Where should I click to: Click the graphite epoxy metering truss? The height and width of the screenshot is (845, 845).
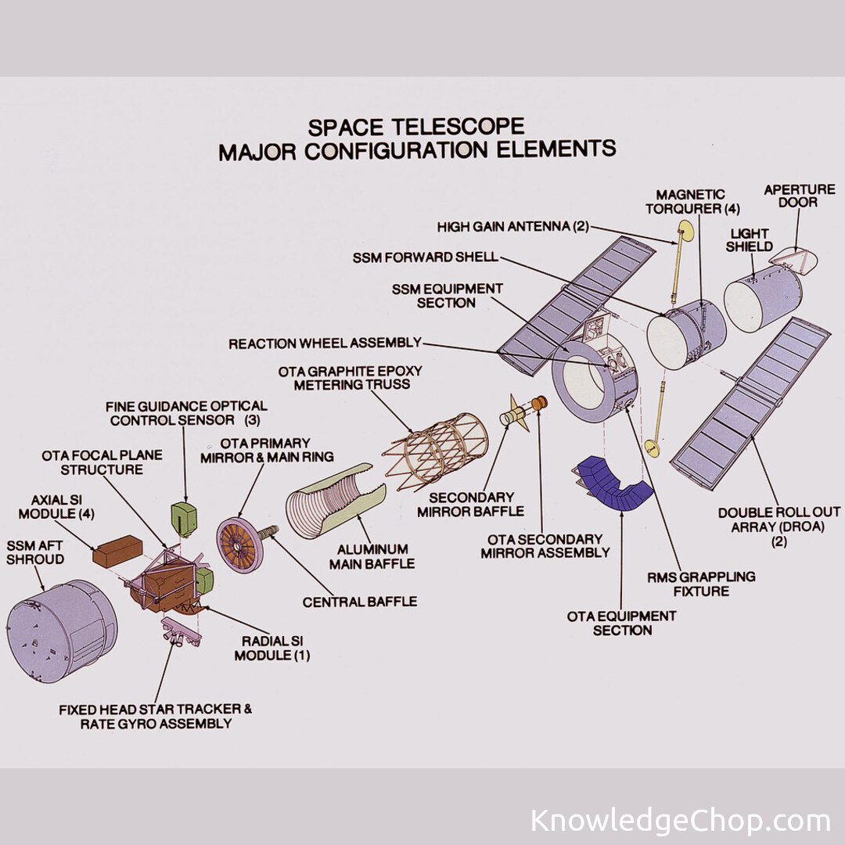436,446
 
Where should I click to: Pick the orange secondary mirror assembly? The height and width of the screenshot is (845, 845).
539,405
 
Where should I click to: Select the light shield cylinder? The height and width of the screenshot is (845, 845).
762,297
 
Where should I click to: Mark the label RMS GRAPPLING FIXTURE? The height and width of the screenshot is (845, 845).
689,584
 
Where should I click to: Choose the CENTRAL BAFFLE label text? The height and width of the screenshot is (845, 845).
360,602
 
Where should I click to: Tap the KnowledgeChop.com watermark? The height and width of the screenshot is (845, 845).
680,821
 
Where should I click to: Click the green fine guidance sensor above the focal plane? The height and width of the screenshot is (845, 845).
185,516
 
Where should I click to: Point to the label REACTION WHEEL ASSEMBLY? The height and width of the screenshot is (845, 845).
325,343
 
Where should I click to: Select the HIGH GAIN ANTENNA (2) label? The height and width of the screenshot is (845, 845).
512,227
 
